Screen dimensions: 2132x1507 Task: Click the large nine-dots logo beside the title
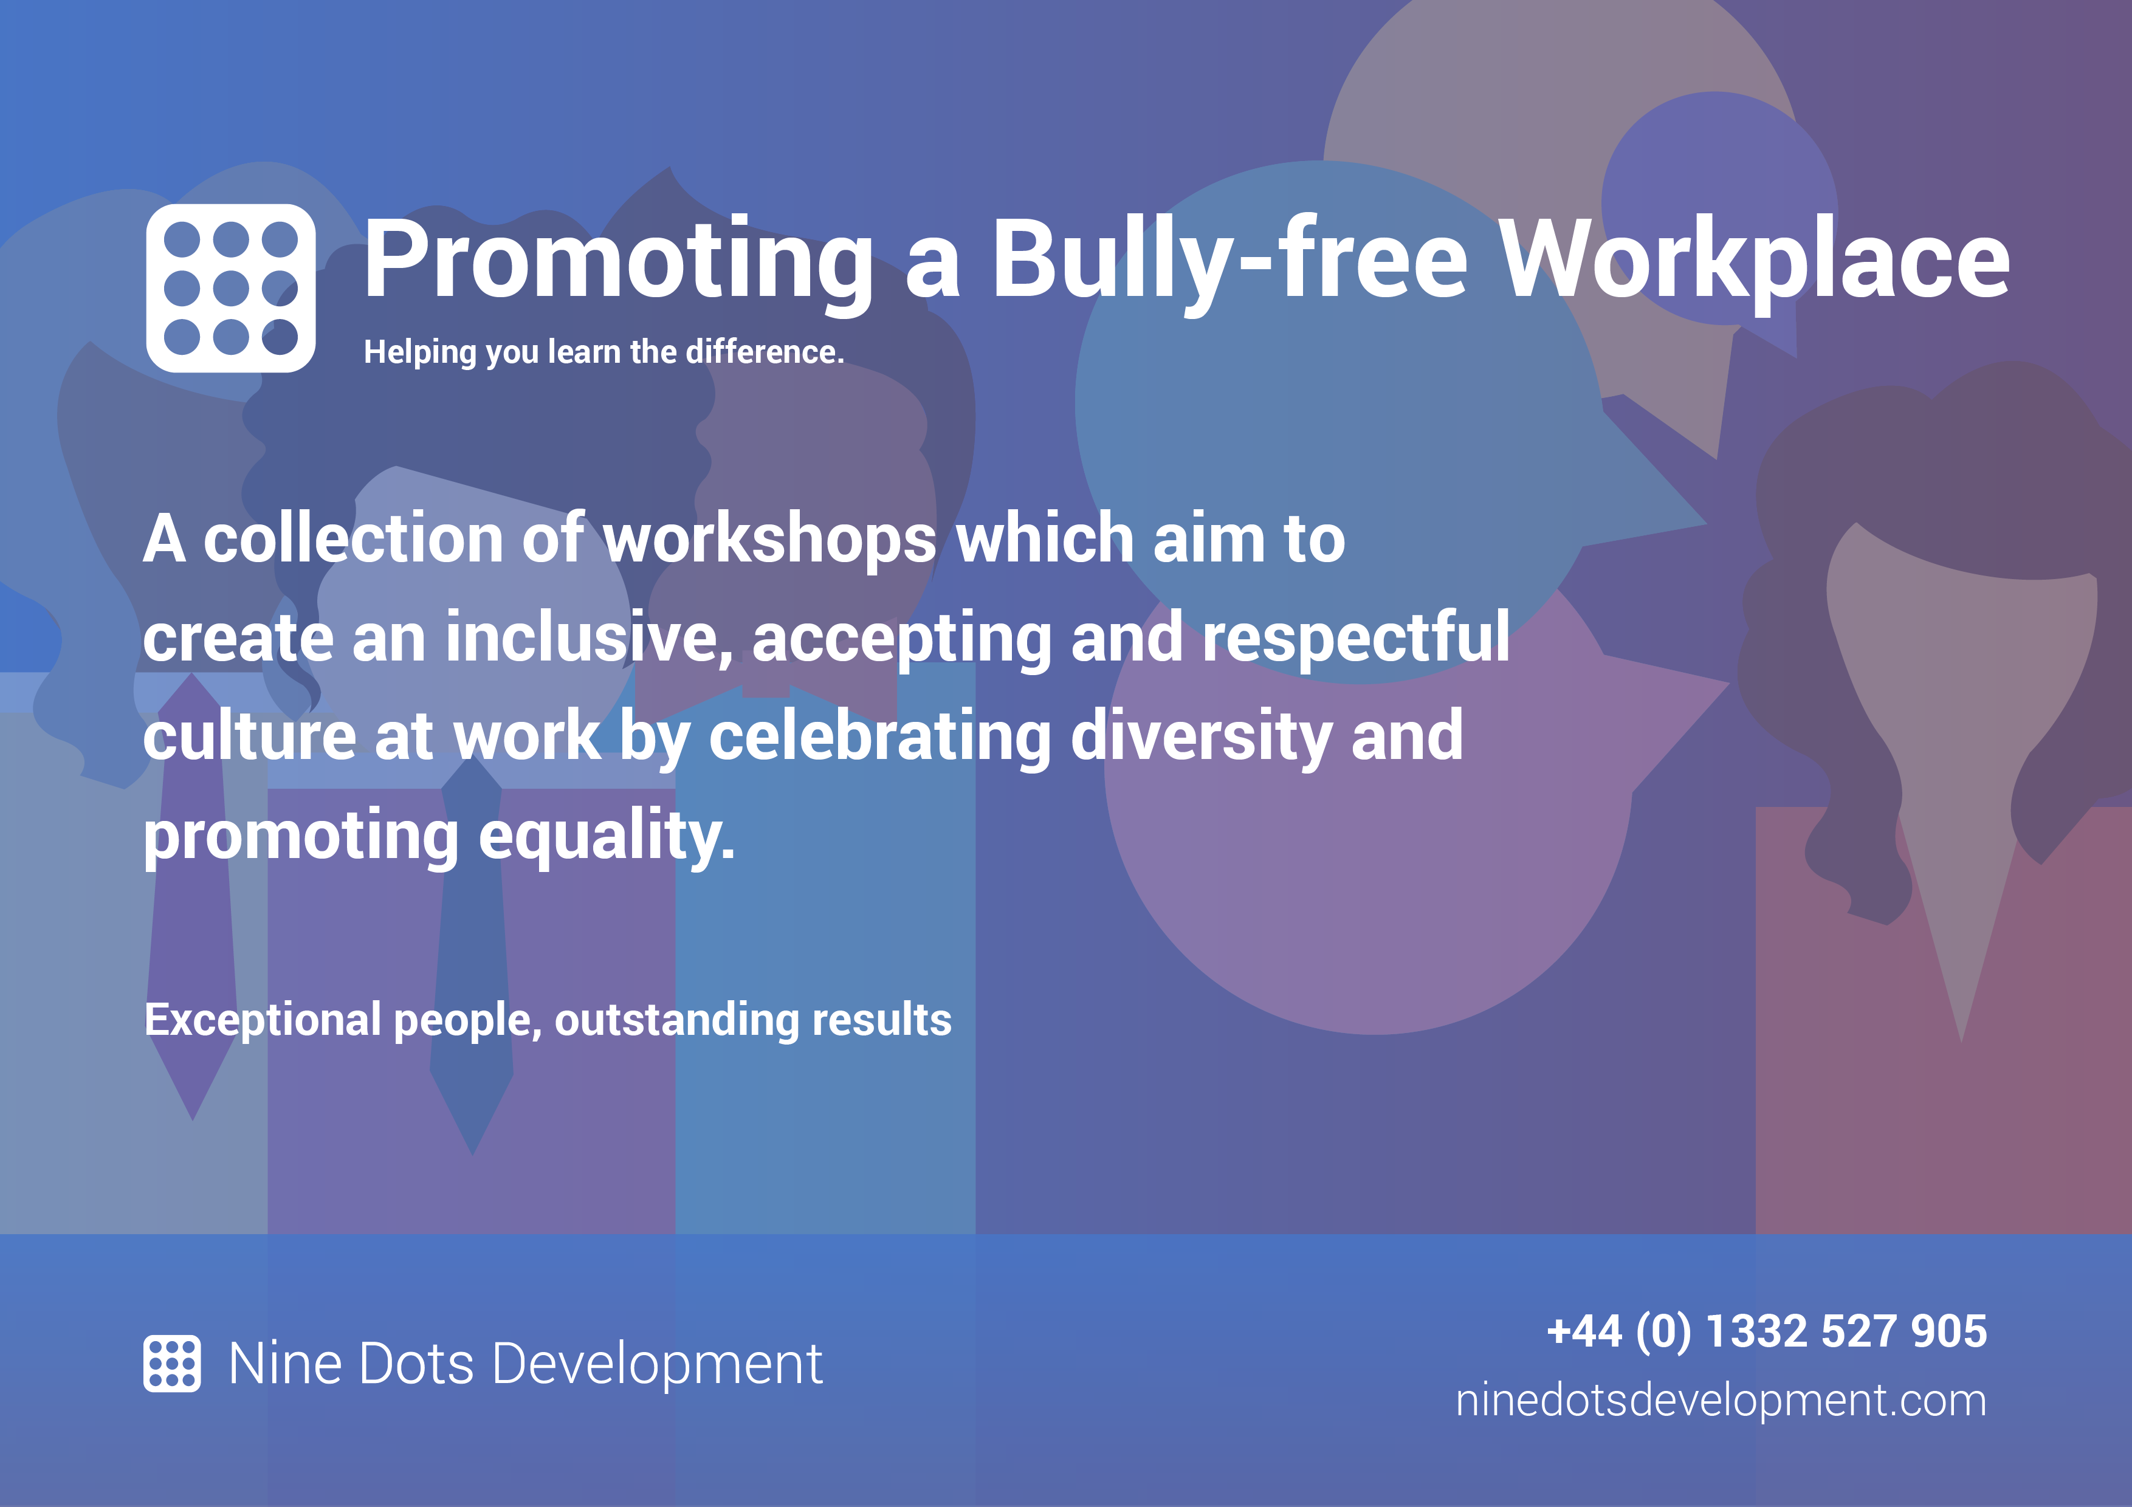click(x=230, y=288)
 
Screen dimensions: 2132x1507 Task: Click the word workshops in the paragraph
click(x=771, y=538)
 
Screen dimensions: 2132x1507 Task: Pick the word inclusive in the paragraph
click(x=589, y=639)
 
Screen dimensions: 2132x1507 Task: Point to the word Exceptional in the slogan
click(x=263, y=1020)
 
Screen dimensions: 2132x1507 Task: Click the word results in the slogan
click(x=882, y=1020)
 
